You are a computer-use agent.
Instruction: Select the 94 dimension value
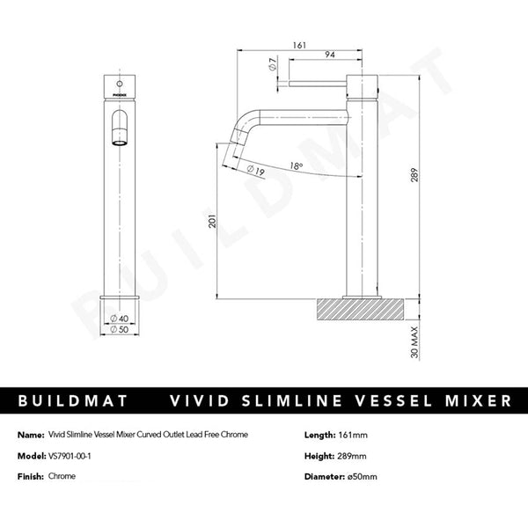pos(328,55)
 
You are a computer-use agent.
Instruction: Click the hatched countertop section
pos(361,309)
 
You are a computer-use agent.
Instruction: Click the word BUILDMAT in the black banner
pos(72,401)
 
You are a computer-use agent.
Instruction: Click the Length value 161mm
pos(355,435)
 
